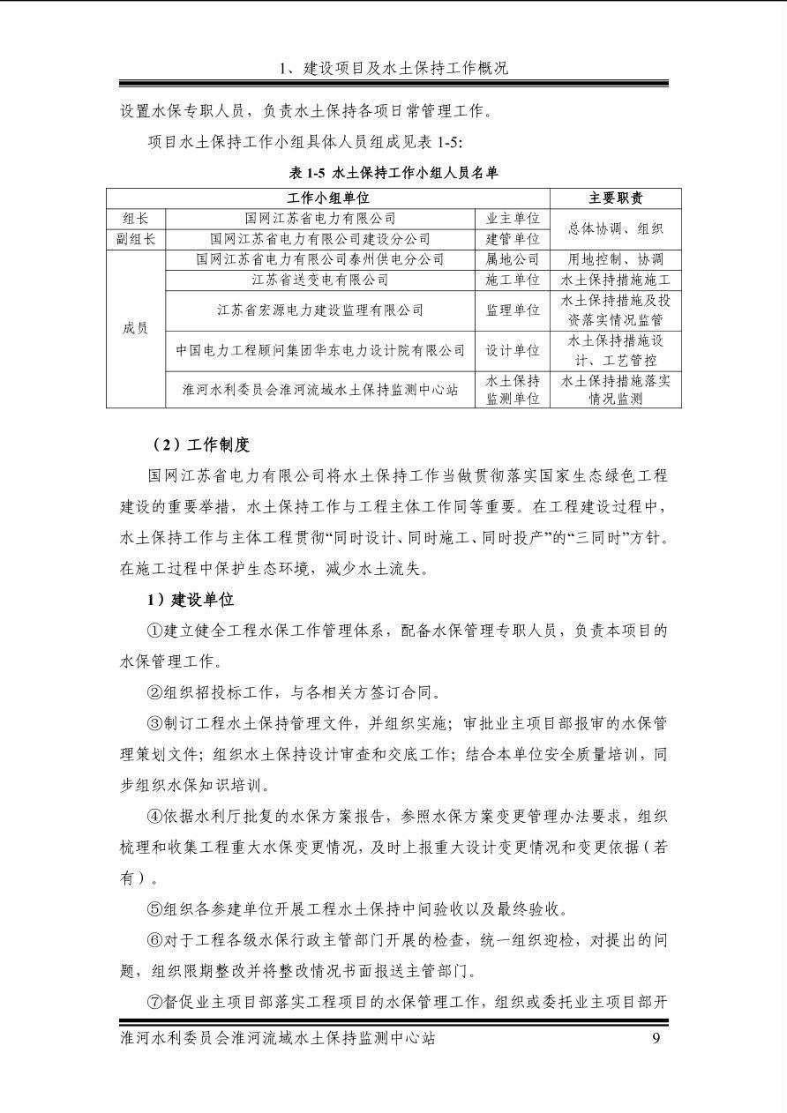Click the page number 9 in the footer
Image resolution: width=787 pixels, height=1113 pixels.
pyautogui.click(x=656, y=1038)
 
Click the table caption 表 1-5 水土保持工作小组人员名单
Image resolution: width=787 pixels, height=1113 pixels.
pyautogui.click(x=393, y=173)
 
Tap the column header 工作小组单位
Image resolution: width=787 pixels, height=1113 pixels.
pyautogui.click(x=328, y=198)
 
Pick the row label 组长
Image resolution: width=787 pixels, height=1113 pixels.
pyautogui.click(x=136, y=218)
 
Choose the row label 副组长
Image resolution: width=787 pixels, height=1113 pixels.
pyautogui.click(x=136, y=239)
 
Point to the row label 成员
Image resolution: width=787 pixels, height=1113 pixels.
pyautogui.click(x=136, y=328)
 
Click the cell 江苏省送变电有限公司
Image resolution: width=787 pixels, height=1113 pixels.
pyautogui.click(x=320, y=280)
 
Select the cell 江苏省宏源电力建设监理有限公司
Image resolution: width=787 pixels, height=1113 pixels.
pyautogui.click(x=320, y=310)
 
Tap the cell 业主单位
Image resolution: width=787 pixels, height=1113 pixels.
pyautogui.click(x=513, y=218)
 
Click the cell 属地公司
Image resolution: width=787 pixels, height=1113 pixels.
pyautogui.click(x=513, y=259)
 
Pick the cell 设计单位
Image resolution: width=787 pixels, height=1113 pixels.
pyautogui.click(x=513, y=350)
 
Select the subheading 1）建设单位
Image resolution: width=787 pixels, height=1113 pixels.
pyautogui.click(x=191, y=600)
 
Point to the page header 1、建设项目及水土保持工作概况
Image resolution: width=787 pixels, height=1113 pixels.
pyautogui.click(x=393, y=68)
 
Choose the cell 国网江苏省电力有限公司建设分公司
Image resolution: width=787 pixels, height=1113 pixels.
pyautogui.click(x=320, y=239)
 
